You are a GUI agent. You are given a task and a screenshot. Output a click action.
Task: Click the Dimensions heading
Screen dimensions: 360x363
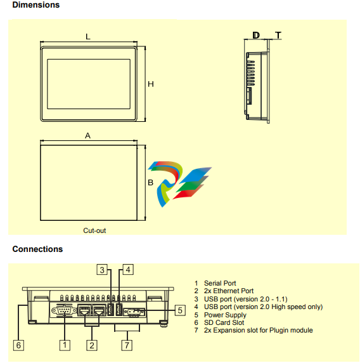[x=36, y=5]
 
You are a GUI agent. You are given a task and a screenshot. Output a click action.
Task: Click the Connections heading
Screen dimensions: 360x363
[x=37, y=249]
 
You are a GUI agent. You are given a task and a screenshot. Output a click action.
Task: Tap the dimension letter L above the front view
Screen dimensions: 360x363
[x=88, y=37]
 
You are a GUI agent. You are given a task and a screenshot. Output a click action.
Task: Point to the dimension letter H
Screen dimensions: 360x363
[x=151, y=84]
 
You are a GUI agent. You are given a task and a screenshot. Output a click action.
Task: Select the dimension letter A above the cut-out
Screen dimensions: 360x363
[x=87, y=135]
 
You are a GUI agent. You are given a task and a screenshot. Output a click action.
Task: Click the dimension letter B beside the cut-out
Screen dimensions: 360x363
[x=150, y=183]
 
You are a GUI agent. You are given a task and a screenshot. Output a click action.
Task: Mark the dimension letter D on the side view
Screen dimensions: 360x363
[x=256, y=36]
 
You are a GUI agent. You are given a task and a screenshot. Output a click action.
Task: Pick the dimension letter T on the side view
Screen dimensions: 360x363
[x=278, y=36]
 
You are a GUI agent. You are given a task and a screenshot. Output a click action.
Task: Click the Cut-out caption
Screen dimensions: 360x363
[x=94, y=230]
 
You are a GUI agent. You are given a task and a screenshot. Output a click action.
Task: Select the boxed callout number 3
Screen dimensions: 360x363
[x=102, y=270]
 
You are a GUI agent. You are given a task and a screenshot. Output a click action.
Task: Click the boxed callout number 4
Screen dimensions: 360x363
[x=128, y=270]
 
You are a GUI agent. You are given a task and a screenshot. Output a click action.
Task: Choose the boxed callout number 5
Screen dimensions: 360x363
[x=180, y=310]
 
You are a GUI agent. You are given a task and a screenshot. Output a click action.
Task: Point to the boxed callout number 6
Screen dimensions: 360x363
[x=18, y=345]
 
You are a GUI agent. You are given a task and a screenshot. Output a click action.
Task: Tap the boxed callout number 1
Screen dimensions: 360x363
[x=65, y=345]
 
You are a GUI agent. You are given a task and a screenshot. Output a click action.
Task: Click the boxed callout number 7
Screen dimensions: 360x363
[x=127, y=345]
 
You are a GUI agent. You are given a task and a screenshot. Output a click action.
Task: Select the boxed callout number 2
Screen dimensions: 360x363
[x=92, y=345]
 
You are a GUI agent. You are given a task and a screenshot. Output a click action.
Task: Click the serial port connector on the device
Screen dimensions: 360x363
[x=64, y=311]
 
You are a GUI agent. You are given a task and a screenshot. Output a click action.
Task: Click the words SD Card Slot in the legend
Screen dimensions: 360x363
[x=224, y=322]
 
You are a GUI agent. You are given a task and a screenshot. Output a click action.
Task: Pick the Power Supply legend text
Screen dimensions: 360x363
[x=225, y=315]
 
